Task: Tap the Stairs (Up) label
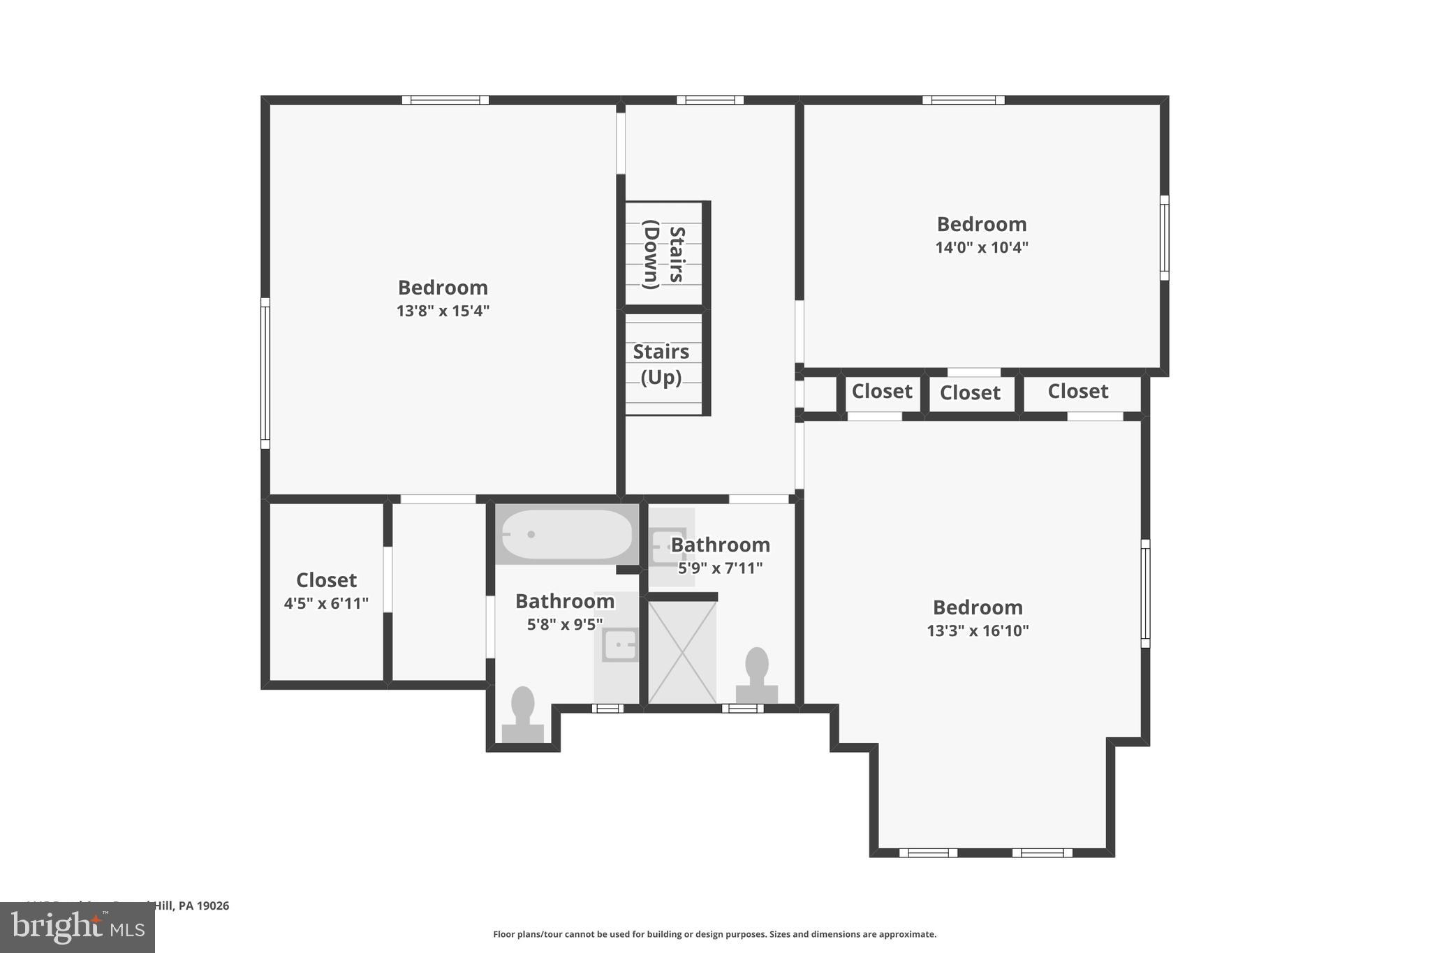[661, 364]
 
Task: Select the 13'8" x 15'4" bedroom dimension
[443, 311]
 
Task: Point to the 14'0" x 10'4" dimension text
[981, 247]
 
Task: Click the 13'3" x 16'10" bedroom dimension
[977, 630]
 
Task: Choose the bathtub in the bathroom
[566, 534]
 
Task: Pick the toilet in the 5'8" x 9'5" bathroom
[522, 714]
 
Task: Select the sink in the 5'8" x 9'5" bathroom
[619, 644]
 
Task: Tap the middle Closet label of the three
[970, 393]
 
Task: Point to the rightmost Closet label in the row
[1077, 392]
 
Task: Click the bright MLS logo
[78, 928]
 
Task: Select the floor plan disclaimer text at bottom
[714, 934]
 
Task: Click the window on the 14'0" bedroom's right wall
[1164, 238]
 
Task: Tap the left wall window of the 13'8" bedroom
[265, 374]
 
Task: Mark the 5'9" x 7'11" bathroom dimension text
[720, 568]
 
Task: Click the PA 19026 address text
[202, 906]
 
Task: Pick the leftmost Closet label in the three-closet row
[881, 392]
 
